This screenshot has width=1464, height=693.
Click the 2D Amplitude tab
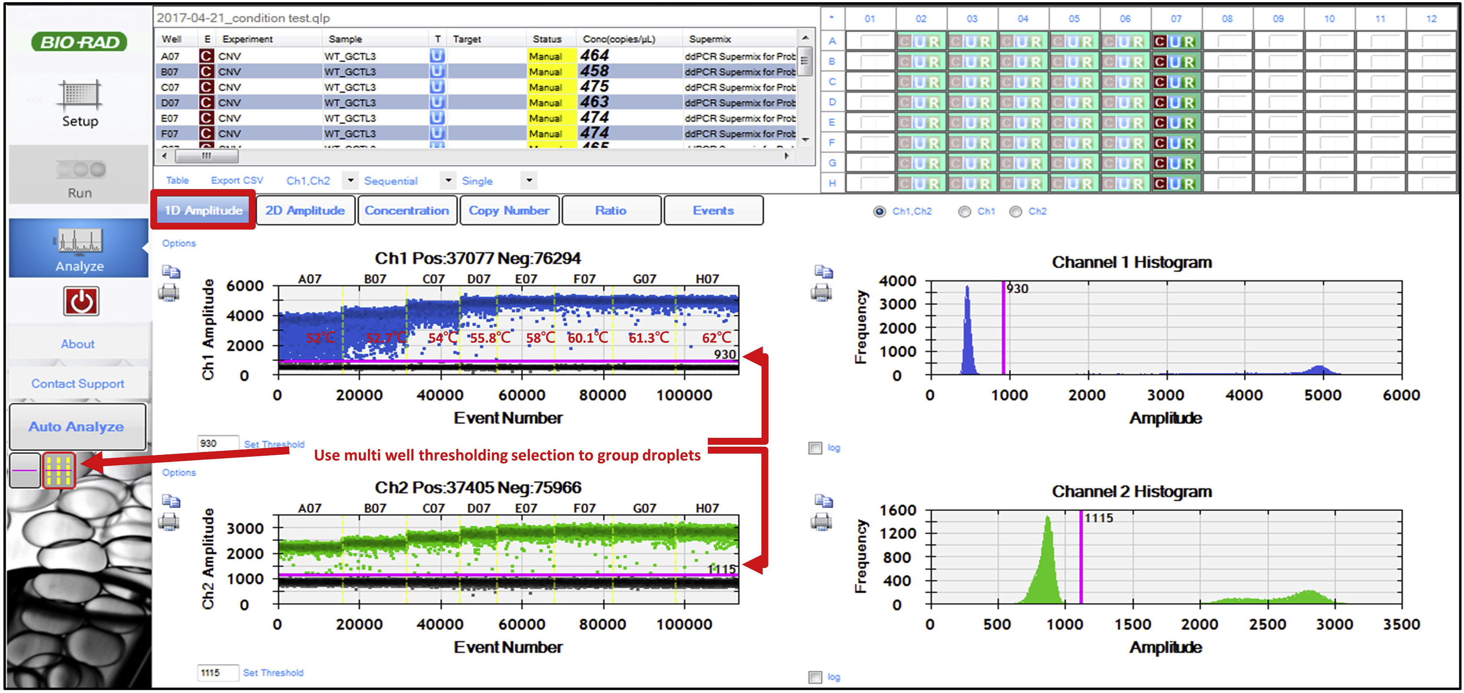coord(305,211)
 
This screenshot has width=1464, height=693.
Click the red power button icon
coord(81,301)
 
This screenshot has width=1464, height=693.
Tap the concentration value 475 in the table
coord(594,87)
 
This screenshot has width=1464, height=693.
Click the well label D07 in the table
coord(169,103)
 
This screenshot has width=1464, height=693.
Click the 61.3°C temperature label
coord(648,338)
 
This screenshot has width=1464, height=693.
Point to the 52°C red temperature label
coord(321,338)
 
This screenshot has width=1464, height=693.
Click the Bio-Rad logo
coord(79,42)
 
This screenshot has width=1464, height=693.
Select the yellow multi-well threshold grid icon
coord(59,470)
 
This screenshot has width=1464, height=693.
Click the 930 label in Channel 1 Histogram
coord(1017,289)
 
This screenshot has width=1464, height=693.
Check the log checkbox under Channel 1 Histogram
coord(815,448)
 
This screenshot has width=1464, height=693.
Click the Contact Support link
coord(78,384)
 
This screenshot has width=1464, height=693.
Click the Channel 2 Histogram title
coord(1131,491)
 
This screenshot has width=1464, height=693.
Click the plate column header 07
coord(1176,19)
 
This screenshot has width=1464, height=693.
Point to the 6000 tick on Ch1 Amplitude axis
coord(245,286)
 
